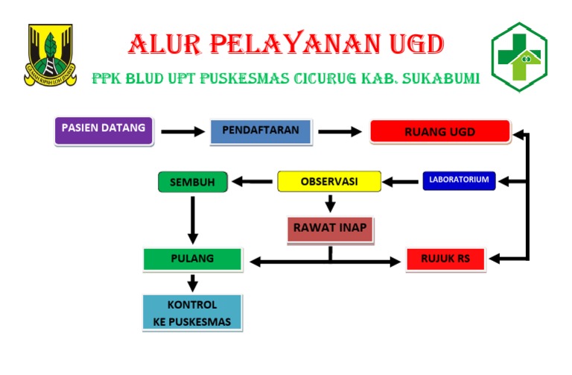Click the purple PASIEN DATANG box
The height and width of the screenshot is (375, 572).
tap(104, 130)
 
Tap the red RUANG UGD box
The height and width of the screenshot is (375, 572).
tap(439, 132)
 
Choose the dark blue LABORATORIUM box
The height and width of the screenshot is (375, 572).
tap(459, 180)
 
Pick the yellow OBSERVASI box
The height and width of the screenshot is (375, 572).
tap(328, 181)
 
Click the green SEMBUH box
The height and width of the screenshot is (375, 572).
tap(191, 182)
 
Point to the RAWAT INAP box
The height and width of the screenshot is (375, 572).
tap(329, 229)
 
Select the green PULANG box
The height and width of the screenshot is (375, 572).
tap(192, 259)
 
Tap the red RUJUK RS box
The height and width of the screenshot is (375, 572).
tap(445, 259)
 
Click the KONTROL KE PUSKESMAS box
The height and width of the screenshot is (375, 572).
tap(192, 312)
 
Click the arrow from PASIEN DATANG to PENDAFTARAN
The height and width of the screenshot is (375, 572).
tap(182, 132)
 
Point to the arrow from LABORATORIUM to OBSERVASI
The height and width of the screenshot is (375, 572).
tap(401, 181)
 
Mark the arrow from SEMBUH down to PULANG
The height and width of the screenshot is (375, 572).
tap(192, 220)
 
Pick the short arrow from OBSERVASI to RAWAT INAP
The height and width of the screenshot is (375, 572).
tap(330, 202)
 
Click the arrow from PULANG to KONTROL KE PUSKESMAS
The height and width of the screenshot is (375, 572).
tap(192, 283)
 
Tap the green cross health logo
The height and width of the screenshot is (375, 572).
tap(519, 57)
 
